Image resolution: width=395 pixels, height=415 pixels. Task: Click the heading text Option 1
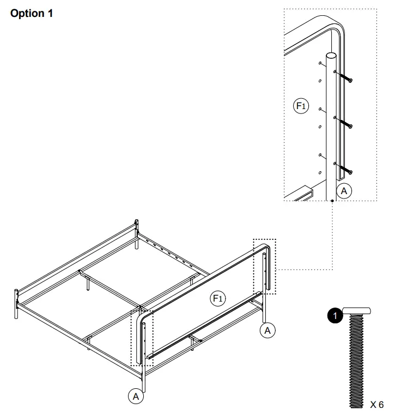point(32,13)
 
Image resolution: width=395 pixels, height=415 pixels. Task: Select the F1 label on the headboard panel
point(218,298)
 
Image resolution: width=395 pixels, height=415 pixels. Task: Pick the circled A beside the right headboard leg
point(267,330)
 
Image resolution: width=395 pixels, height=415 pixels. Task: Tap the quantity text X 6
point(377,405)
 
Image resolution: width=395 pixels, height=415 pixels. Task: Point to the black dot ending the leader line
point(332,201)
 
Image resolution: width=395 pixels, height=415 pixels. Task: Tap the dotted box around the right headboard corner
point(265,266)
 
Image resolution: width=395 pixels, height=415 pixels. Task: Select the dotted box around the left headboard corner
point(143,335)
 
